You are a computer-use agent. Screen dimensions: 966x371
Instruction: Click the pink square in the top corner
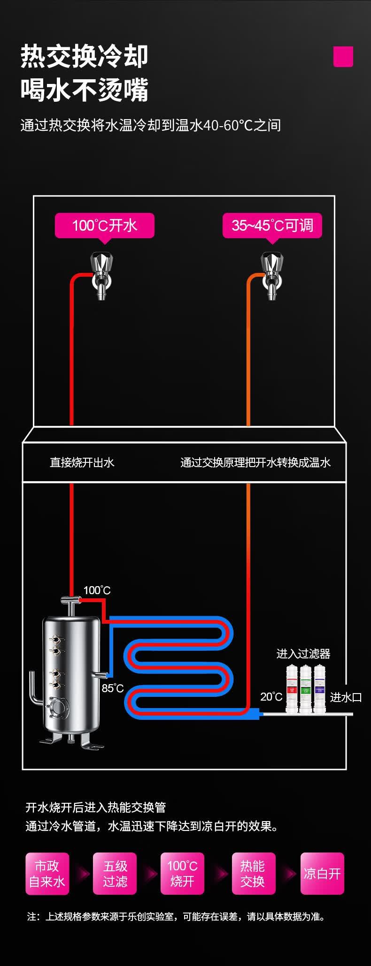pyautogui.click(x=343, y=57)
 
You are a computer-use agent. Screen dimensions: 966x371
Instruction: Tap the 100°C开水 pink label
pyautogui.click(x=104, y=226)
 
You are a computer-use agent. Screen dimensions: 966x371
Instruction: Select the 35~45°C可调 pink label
pyautogui.click(x=272, y=226)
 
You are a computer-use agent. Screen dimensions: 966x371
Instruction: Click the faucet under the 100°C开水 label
pyautogui.click(x=102, y=275)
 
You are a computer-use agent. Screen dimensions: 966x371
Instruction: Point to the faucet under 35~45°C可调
pyautogui.click(x=272, y=275)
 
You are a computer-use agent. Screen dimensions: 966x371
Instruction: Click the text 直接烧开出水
pyautogui.click(x=82, y=463)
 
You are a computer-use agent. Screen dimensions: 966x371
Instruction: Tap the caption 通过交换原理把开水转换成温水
pyautogui.click(x=255, y=463)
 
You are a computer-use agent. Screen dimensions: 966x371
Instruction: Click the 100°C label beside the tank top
pyautogui.click(x=97, y=590)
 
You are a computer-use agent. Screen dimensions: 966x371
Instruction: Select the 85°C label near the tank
pyautogui.click(x=113, y=688)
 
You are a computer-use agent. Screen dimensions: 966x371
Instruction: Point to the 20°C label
pyautogui.click(x=271, y=697)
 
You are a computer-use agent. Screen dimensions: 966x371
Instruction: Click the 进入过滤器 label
pyautogui.click(x=303, y=654)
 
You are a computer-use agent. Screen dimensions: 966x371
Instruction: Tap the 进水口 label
pyautogui.click(x=346, y=697)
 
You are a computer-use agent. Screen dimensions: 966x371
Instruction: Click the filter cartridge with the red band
pyautogui.click(x=292, y=689)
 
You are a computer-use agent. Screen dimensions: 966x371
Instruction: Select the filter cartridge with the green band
pyautogui.click(x=306, y=689)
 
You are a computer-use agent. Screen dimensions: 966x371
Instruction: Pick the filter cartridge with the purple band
pyautogui.click(x=319, y=689)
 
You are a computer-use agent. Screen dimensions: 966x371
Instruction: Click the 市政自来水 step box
pyautogui.click(x=47, y=874)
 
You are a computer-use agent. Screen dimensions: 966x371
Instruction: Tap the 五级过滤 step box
pyautogui.click(x=115, y=874)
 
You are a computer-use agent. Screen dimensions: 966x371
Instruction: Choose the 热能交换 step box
pyautogui.click(x=253, y=874)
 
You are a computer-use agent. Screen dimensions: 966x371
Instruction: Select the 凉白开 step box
pyautogui.click(x=322, y=874)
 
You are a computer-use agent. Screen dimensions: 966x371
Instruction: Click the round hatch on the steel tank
pyautogui.click(x=59, y=705)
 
